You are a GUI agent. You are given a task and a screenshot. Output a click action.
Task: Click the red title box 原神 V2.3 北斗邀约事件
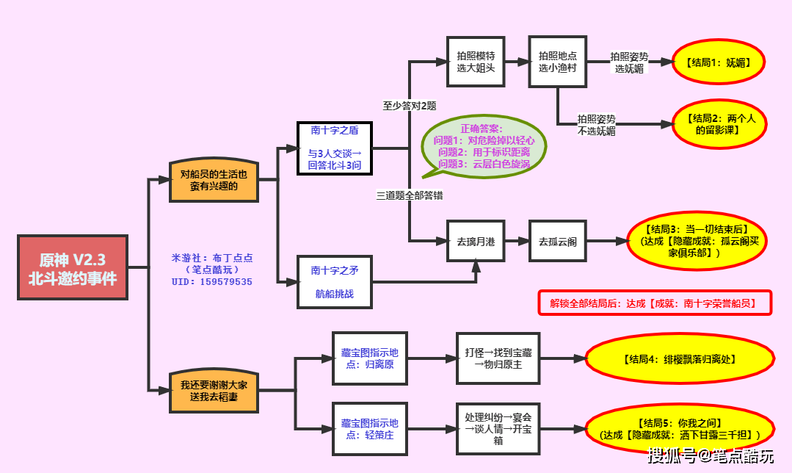(x=72, y=267)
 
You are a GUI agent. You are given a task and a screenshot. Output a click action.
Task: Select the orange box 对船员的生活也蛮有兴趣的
(x=214, y=179)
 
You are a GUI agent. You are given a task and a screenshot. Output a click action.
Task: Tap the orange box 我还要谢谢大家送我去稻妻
(x=214, y=390)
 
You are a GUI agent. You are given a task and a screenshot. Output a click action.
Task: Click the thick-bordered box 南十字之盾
(x=334, y=148)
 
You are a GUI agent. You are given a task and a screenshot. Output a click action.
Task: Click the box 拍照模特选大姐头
(x=476, y=62)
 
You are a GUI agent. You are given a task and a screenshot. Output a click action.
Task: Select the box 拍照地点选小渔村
(x=557, y=62)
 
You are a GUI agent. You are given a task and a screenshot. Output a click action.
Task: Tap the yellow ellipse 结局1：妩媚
(x=719, y=62)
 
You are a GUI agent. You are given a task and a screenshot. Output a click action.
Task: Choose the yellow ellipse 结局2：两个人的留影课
(x=719, y=124)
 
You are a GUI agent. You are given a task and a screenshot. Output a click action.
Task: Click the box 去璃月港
(x=476, y=240)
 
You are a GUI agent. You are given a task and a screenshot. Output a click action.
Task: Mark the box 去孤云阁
(x=557, y=240)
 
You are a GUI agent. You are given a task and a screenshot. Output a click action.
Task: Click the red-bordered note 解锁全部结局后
(x=655, y=303)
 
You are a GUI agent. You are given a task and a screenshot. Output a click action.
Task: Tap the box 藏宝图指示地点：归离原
(x=369, y=358)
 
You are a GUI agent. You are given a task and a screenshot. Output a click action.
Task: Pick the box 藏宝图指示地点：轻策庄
(x=369, y=428)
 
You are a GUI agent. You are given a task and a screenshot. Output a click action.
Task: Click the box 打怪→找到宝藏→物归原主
(x=498, y=358)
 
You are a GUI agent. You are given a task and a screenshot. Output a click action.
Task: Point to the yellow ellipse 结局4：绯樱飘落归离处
(x=679, y=359)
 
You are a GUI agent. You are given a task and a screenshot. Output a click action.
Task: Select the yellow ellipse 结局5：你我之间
(x=679, y=429)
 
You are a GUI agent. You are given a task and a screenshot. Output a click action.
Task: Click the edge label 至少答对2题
(x=409, y=105)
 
